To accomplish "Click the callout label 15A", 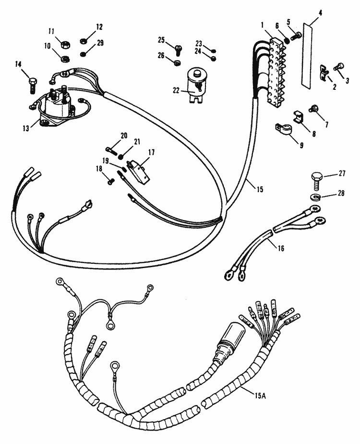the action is [x=260, y=395].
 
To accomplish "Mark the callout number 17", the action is [x=152, y=152].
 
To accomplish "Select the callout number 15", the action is [x=259, y=190].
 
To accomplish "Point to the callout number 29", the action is [x=100, y=43].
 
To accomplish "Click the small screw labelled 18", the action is [x=110, y=181].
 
